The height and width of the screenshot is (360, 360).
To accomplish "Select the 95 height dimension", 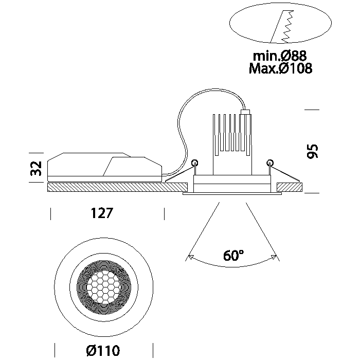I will click(313, 151).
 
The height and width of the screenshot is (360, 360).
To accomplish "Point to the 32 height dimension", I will click(35, 168).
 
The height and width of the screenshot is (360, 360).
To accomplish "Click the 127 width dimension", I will click(101, 213).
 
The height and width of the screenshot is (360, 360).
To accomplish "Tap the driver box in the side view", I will click(103, 167).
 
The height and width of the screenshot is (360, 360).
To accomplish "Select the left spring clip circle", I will click(194, 163).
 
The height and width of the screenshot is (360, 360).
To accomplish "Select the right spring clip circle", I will click(269, 163).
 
